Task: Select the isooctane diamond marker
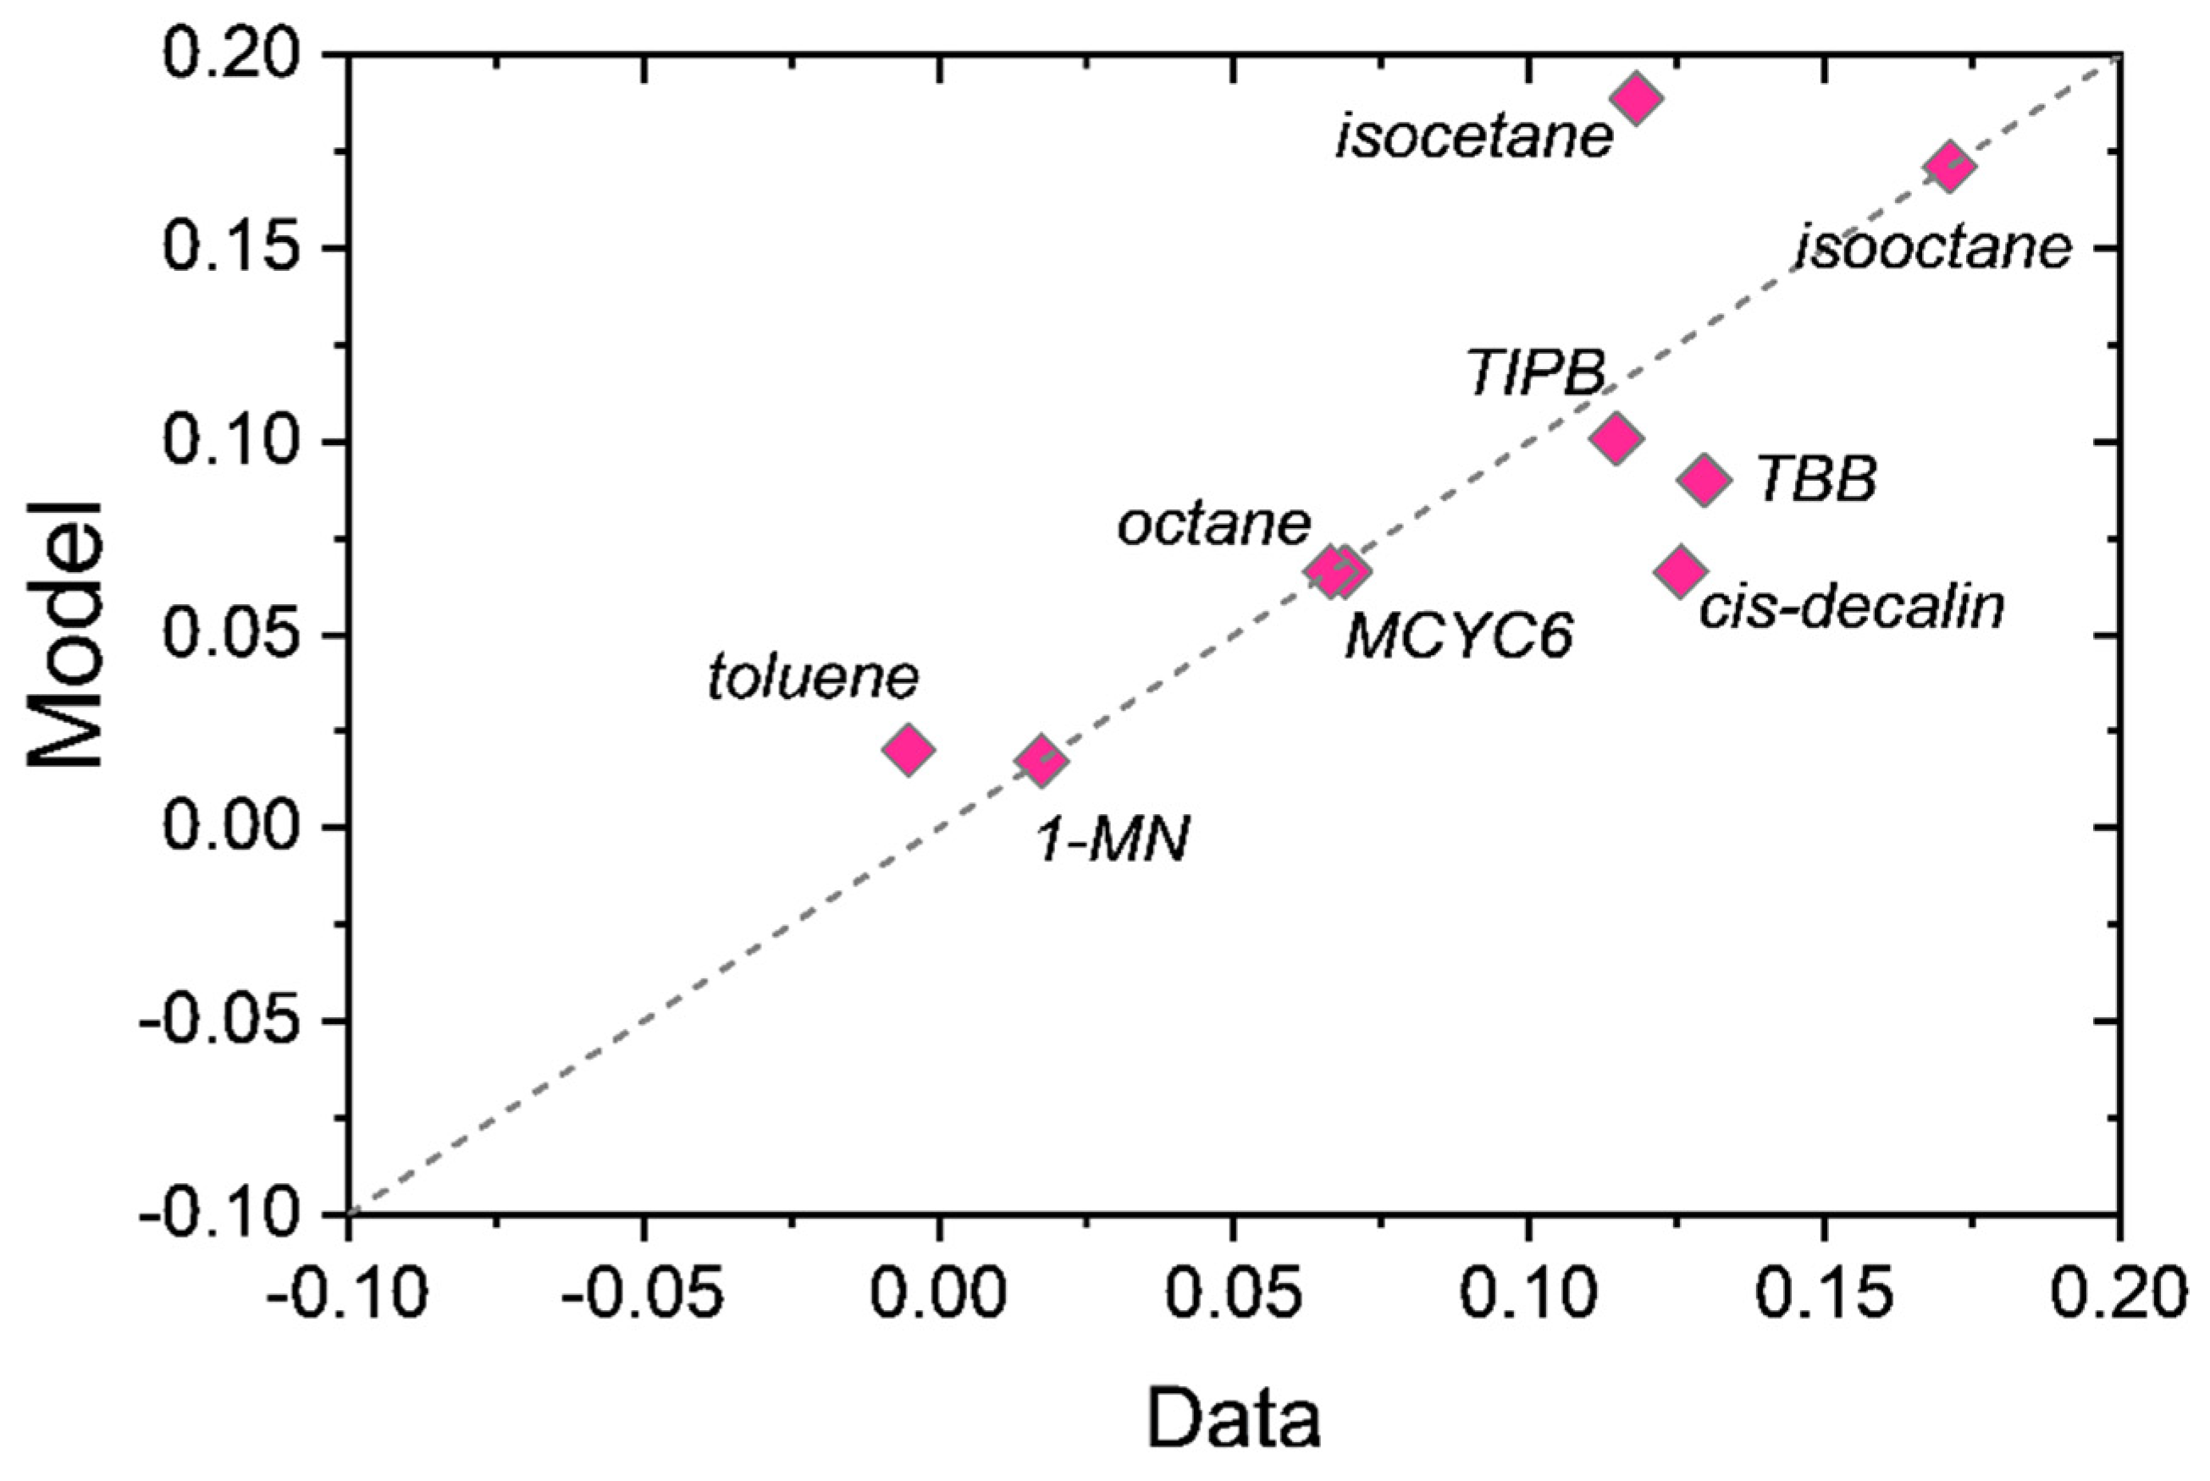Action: (x=1950, y=168)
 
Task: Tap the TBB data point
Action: (x=1704, y=480)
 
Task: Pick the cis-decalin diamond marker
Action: (x=1680, y=570)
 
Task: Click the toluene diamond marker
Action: (x=909, y=750)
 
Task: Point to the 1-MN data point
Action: (x=1042, y=760)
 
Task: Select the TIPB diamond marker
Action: (x=1616, y=438)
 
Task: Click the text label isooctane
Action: (x=1933, y=250)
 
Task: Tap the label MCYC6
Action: (x=1459, y=636)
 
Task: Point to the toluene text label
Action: (x=813, y=677)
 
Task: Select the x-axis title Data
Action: (x=1234, y=1418)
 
